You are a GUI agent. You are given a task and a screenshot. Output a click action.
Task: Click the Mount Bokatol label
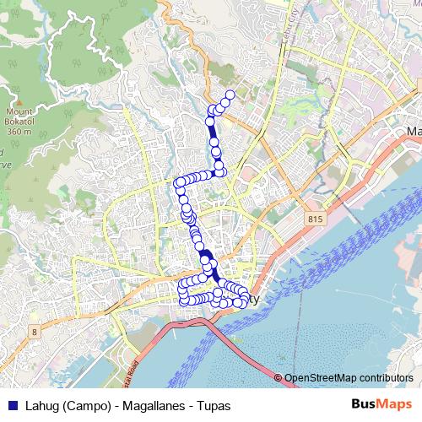click(18, 116)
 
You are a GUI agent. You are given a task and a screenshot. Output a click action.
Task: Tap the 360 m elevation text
click(18, 132)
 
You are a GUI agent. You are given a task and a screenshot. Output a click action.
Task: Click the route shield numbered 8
click(34, 332)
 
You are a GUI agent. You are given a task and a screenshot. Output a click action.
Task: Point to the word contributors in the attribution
click(386, 378)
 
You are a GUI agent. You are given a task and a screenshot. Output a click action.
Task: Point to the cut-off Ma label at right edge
click(414, 132)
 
